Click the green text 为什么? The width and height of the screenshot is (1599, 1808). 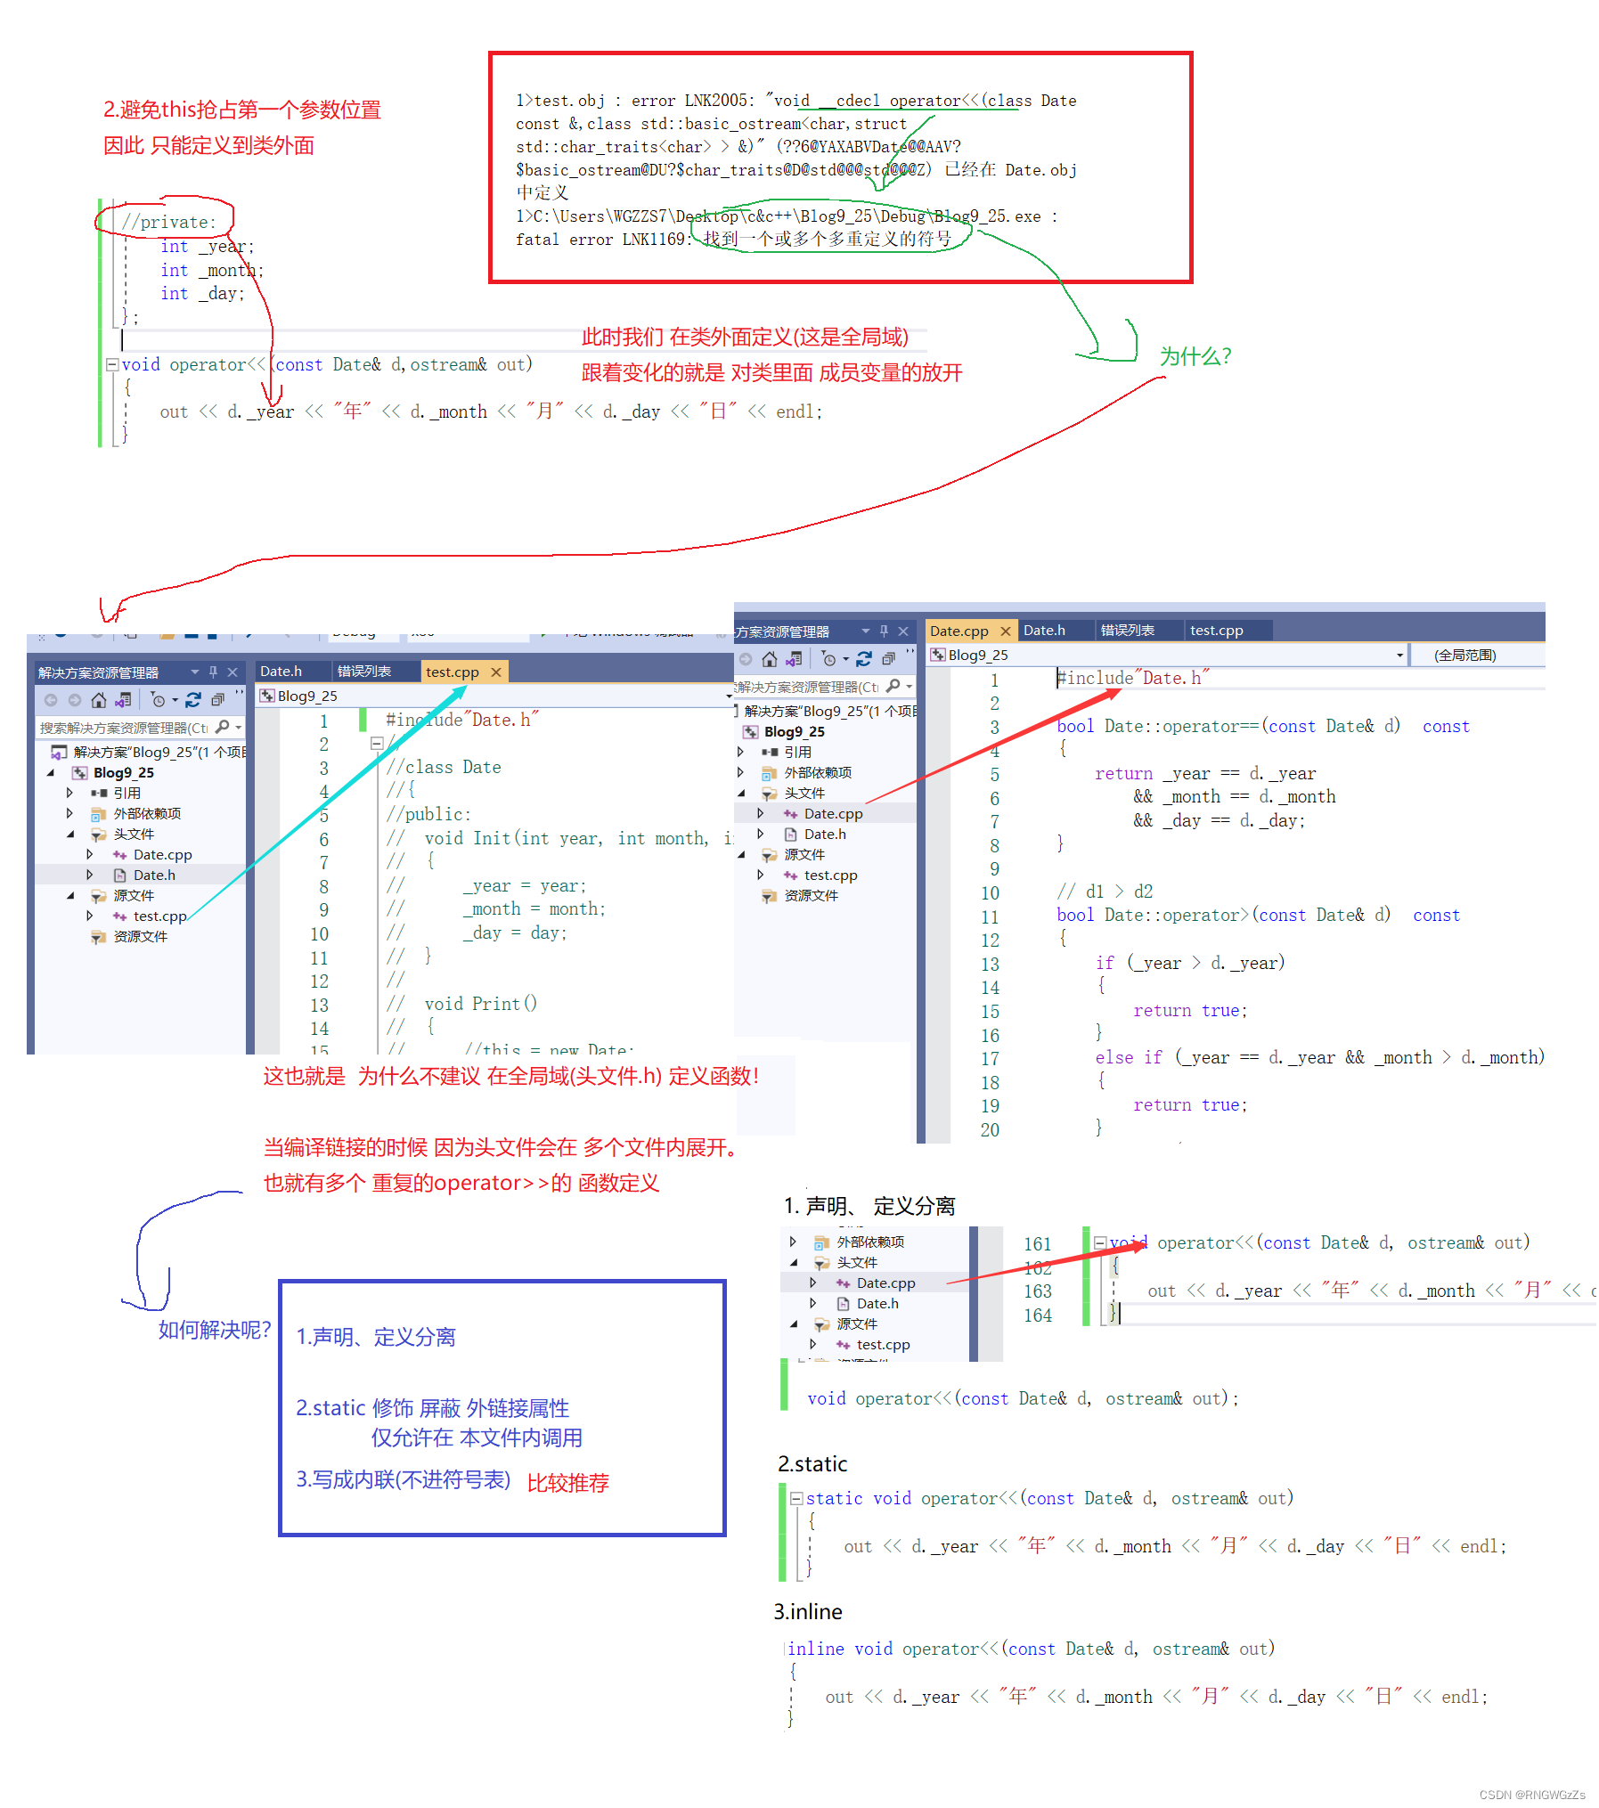[1195, 357]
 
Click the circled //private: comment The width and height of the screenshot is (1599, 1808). [169, 222]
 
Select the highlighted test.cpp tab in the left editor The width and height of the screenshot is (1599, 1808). [452, 672]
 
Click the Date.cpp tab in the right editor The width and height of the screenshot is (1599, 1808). [959, 631]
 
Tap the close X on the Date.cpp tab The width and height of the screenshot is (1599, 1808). [1006, 631]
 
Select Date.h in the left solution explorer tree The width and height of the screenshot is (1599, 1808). [154, 875]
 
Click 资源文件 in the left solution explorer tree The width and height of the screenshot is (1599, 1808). [140, 937]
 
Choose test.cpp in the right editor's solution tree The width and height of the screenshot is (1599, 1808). [830, 875]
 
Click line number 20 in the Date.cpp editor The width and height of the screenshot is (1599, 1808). [990, 1130]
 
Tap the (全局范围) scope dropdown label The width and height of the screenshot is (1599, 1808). [1464, 656]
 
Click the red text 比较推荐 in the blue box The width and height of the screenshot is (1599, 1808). [567, 1483]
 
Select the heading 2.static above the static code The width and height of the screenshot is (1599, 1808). [812, 1464]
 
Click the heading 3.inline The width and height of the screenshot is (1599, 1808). [808, 1612]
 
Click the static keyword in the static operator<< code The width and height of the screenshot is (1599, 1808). [834, 1499]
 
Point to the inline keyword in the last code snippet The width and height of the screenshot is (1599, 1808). [815, 1649]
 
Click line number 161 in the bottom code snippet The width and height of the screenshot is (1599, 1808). [1037, 1244]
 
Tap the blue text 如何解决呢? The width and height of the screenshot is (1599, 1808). [214, 1331]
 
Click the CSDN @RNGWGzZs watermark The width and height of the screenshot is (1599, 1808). [1531, 1795]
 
